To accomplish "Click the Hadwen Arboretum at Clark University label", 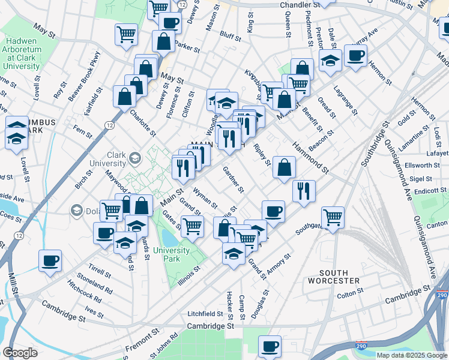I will click(22, 53).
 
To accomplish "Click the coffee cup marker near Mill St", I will click(50, 260).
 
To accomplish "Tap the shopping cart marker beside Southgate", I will click(332, 217).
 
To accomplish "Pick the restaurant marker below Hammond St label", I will click(304, 191).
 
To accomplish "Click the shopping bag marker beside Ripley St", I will click(284, 168).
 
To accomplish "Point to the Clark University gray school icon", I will click(134, 158).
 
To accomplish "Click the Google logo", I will click(20, 353).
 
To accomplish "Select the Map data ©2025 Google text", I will click(411, 355).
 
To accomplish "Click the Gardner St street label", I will click(233, 179).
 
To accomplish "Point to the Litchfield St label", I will click(205, 314).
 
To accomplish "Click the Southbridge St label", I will click(375, 143).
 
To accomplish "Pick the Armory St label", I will click(279, 265).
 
